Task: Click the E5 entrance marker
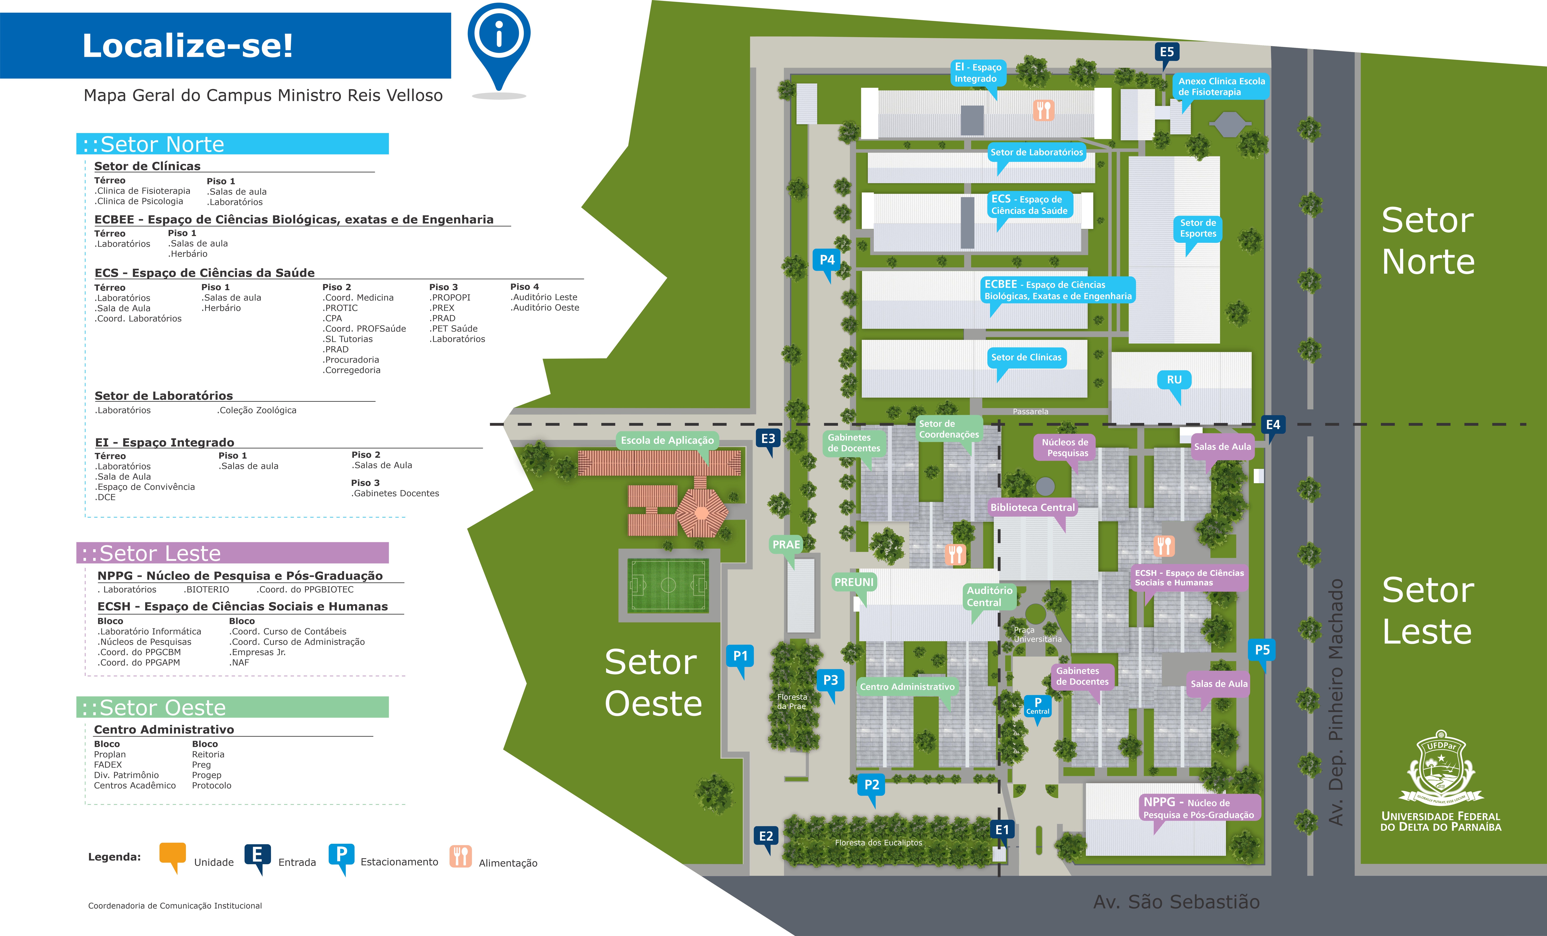pos(1167,53)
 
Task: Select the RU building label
pos(1174,380)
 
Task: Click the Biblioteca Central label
pos(1032,507)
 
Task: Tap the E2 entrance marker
pos(766,837)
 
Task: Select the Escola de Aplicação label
pos(667,441)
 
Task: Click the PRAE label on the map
pos(786,545)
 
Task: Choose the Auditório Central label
pos(989,596)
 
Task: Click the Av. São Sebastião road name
pos(1176,902)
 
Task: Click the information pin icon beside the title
pos(499,44)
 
